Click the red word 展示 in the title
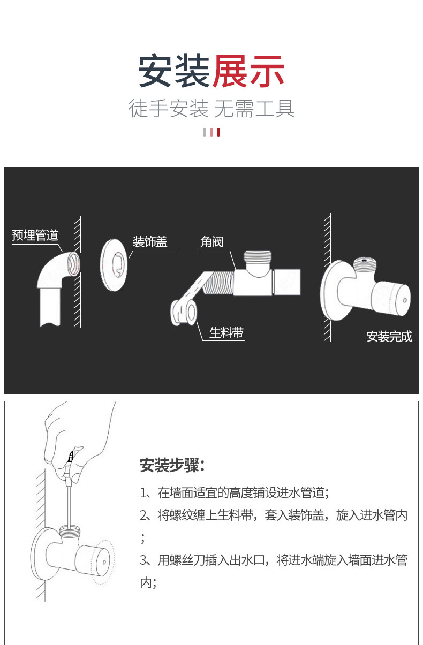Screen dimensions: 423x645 tap(248, 71)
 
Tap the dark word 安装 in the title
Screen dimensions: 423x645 tap(173, 71)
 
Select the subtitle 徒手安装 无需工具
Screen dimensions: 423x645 tap(211, 109)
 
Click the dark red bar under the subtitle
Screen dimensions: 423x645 tap(218, 132)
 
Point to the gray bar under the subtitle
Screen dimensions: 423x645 tap(205, 132)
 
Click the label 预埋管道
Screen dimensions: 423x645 tap(35, 236)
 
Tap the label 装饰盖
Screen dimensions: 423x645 tap(150, 241)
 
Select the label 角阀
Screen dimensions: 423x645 tap(211, 241)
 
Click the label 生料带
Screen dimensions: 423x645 tap(226, 333)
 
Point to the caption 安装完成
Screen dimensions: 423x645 tap(389, 336)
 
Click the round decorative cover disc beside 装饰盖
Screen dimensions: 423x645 tap(114, 265)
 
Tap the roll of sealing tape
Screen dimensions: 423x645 tap(184, 312)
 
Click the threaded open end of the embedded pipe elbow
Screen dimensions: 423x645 tap(73, 264)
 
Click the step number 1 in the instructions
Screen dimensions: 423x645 tap(143, 493)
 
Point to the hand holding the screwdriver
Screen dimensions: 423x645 tap(78, 441)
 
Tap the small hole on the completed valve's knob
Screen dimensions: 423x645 tap(405, 300)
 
